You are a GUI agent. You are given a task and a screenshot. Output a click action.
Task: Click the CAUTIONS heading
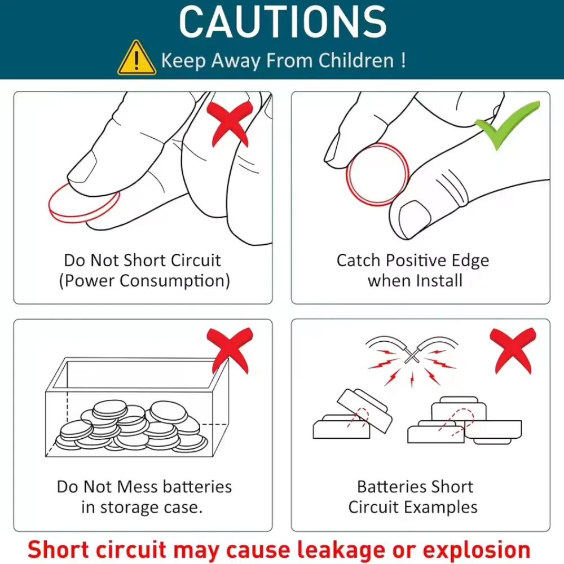pos(283,23)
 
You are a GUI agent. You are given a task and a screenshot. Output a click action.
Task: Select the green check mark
pos(507,125)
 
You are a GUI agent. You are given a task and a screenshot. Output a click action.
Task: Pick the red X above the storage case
pos(230,351)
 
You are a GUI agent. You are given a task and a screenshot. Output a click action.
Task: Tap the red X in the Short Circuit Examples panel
pos(513,351)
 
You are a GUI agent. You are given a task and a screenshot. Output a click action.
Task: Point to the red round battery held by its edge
pos(378,174)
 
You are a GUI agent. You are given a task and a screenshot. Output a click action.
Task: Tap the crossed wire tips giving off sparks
pos(412,355)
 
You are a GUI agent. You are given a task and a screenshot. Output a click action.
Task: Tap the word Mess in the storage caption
pos(138,487)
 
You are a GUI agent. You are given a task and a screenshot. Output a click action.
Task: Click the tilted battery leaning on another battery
pos(364,411)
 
